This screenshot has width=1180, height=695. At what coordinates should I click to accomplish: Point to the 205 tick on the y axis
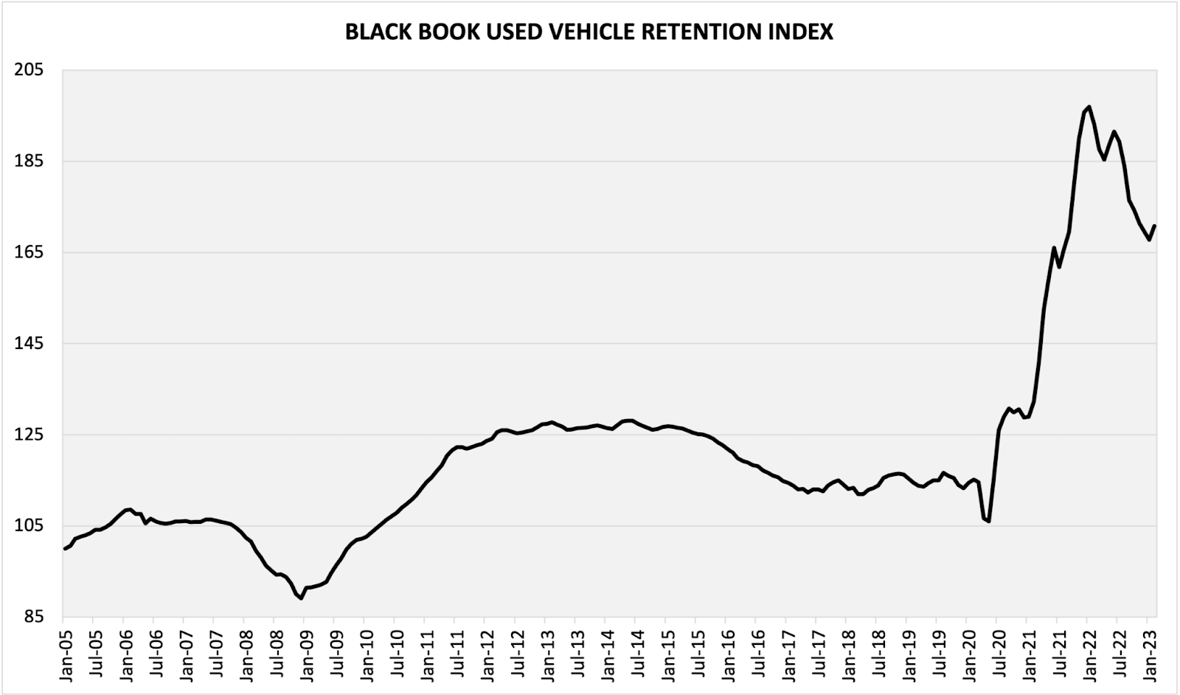[x=29, y=70]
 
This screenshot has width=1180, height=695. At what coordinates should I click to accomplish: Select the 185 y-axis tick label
[x=29, y=161]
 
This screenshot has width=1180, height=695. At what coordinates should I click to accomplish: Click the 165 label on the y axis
[x=29, y=252]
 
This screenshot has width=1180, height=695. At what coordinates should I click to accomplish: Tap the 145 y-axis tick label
[x=29, y=343]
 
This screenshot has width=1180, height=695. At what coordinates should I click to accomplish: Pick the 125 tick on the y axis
[x=29, y=435]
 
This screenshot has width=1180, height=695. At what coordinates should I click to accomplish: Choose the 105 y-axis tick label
[x=29, y=525]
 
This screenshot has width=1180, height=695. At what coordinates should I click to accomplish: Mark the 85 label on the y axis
[x=34, y=617]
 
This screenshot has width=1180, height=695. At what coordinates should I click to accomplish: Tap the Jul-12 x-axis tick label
[x=515, y=649]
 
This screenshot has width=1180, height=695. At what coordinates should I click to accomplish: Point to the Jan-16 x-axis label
[x=726, y=649]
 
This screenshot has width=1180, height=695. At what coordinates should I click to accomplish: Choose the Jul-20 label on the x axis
[x=996, y=649]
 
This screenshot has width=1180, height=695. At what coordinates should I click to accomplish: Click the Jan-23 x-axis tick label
[x=1147, y=649]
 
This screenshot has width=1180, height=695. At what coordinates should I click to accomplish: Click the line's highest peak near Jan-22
[x=1089, y=107]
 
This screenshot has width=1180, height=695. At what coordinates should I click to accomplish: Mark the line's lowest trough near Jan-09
[x=301, y=598]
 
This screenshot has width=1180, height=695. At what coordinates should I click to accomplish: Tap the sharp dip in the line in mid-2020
[x=988, y=521]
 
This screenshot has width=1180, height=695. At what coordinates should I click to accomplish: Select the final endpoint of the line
[x=1154, y=226]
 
